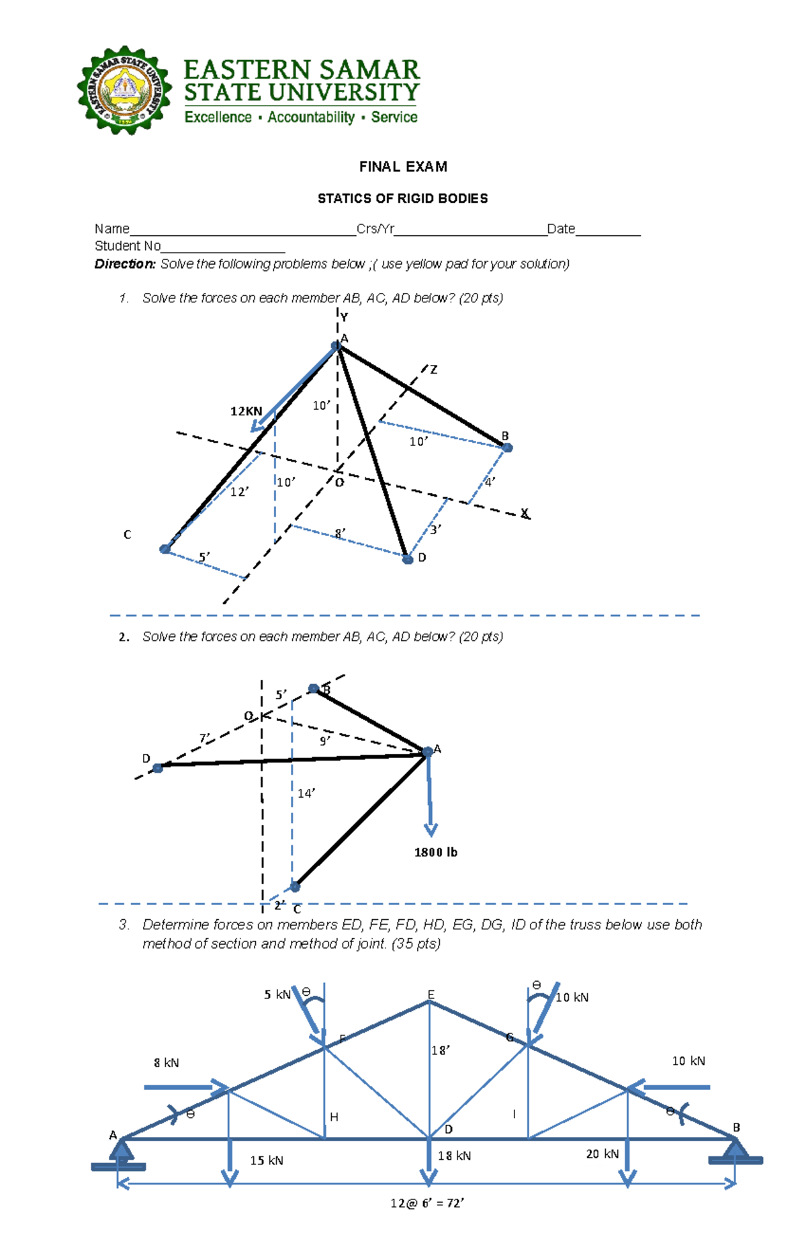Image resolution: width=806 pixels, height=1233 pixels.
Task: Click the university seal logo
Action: (x=124, y=90)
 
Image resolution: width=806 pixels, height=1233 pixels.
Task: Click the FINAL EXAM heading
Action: (x=403, y=167)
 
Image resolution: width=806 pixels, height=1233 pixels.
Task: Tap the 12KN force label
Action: (x=246, y=411)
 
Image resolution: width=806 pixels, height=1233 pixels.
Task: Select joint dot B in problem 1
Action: (x=507, y=448)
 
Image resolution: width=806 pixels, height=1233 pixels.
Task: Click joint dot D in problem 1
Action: (x=408, y=559)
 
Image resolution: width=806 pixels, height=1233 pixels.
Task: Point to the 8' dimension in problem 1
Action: (x=341, y=534)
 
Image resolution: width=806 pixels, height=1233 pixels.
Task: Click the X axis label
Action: (x=525, y=513)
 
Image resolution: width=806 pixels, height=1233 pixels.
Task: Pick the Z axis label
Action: (x=434, y=370)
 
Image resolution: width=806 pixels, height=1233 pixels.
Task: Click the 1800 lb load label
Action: (x=435, y=852)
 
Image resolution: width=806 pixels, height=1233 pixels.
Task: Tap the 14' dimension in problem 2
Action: (x=306, y=794)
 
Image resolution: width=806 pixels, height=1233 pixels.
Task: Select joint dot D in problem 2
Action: (x=158, y=768)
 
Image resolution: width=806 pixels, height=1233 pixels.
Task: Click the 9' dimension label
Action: (x=324, y=741)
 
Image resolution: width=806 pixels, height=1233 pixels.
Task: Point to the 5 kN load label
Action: (x=277, y=994)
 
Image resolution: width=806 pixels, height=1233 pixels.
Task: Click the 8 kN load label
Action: (x=166, y=1062)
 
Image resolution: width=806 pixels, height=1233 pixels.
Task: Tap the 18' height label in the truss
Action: (x=441, y=1050)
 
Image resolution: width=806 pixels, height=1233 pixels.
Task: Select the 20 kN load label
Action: (x=602, y=1154)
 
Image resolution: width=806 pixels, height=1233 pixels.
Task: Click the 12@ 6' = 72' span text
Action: (x=427, y=1203)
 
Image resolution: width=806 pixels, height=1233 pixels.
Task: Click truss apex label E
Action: (x=431, y=994)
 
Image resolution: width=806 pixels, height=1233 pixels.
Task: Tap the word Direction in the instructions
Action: (x=125, y=264)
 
